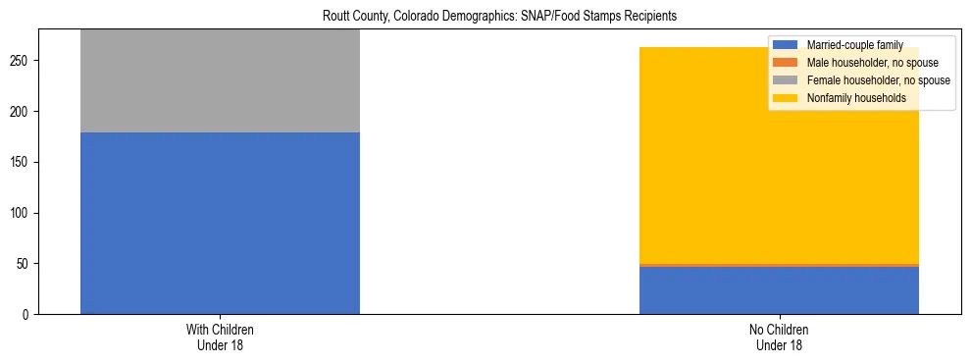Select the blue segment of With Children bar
[x=220, y=223]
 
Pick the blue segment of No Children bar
[x=779, y=290]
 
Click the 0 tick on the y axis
[x=28, y=314]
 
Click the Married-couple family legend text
[x=854, y=45]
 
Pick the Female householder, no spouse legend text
[x=878, y=80]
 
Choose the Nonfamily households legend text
[x=856, y=98]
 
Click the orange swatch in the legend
[x=786, y=63]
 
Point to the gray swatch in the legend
[x=786, y=80]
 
